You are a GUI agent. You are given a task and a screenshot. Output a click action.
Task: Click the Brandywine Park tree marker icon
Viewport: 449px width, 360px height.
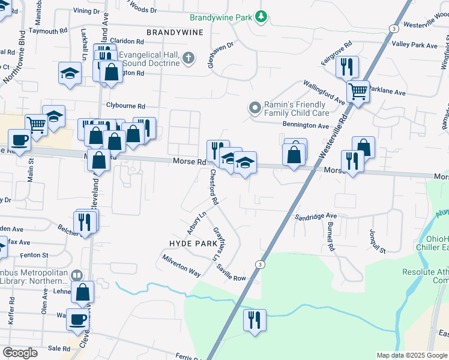[x=261, y=17]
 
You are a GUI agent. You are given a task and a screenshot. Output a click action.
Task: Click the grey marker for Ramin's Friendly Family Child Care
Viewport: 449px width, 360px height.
[x=255, y=109]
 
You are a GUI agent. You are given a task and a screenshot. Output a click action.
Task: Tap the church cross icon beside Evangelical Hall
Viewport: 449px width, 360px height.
[x=188, y=58]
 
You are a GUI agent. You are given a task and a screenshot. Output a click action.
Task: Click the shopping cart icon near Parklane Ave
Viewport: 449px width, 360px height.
[x=358, y=92]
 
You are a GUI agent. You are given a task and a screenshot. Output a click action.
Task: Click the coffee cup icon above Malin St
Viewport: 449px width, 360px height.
[x=19, y=140]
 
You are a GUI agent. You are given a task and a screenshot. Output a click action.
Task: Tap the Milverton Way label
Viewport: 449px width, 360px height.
[x=181, y=265]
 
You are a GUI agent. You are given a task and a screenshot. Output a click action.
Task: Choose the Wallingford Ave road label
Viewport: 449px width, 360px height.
[x=324, y=92]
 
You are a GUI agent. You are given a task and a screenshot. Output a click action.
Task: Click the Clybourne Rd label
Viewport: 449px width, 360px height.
[x=126, y=105]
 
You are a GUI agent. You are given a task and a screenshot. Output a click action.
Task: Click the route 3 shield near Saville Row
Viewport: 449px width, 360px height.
[x=259, y=264]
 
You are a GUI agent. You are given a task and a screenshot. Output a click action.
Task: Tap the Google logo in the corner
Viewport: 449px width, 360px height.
[x=20, y=353]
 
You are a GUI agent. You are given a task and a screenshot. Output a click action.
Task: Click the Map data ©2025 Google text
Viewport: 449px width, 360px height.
[x=411, y=355]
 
